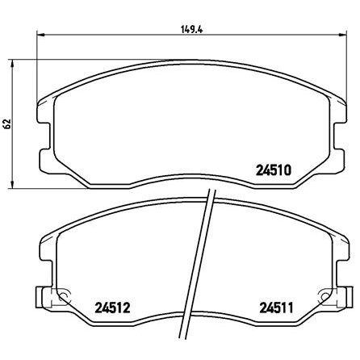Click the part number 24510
click(x=274, y=170)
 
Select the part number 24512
click(x=112, y=308)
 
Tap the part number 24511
click(x=276, y=308)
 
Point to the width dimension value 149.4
click(x=191, y=29)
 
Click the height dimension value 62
click(x=6, y=123)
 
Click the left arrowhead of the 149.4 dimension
click(x=40, y=35)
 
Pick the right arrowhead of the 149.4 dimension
click(x=343, y=35)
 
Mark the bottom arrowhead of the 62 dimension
click(x=12, y=185)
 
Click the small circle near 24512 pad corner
click(x=63, y=296)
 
